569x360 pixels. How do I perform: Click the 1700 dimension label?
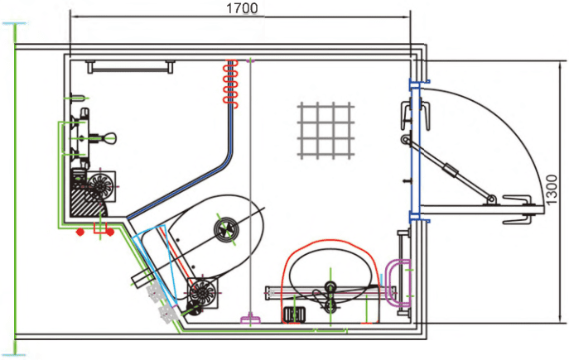point(242,8)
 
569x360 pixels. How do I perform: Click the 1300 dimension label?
point(552,190)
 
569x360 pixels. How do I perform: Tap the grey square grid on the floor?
point(325,131)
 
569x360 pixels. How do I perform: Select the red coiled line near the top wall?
point(230,83)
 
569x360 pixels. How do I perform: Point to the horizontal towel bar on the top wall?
point(131,67)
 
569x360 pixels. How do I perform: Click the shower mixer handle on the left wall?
point(105,137)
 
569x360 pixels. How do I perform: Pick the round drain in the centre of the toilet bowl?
point(226,229)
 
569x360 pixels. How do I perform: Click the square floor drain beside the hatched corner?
point(101,186)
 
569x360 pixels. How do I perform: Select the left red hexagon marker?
point(80,231)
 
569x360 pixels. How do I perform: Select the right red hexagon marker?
point(109,231)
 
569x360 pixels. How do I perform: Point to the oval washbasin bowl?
point(330,274)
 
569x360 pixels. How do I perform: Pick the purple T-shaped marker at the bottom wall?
point(250,319)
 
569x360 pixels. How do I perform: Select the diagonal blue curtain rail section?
point(178,189)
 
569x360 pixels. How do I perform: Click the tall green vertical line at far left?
point(15,189)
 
